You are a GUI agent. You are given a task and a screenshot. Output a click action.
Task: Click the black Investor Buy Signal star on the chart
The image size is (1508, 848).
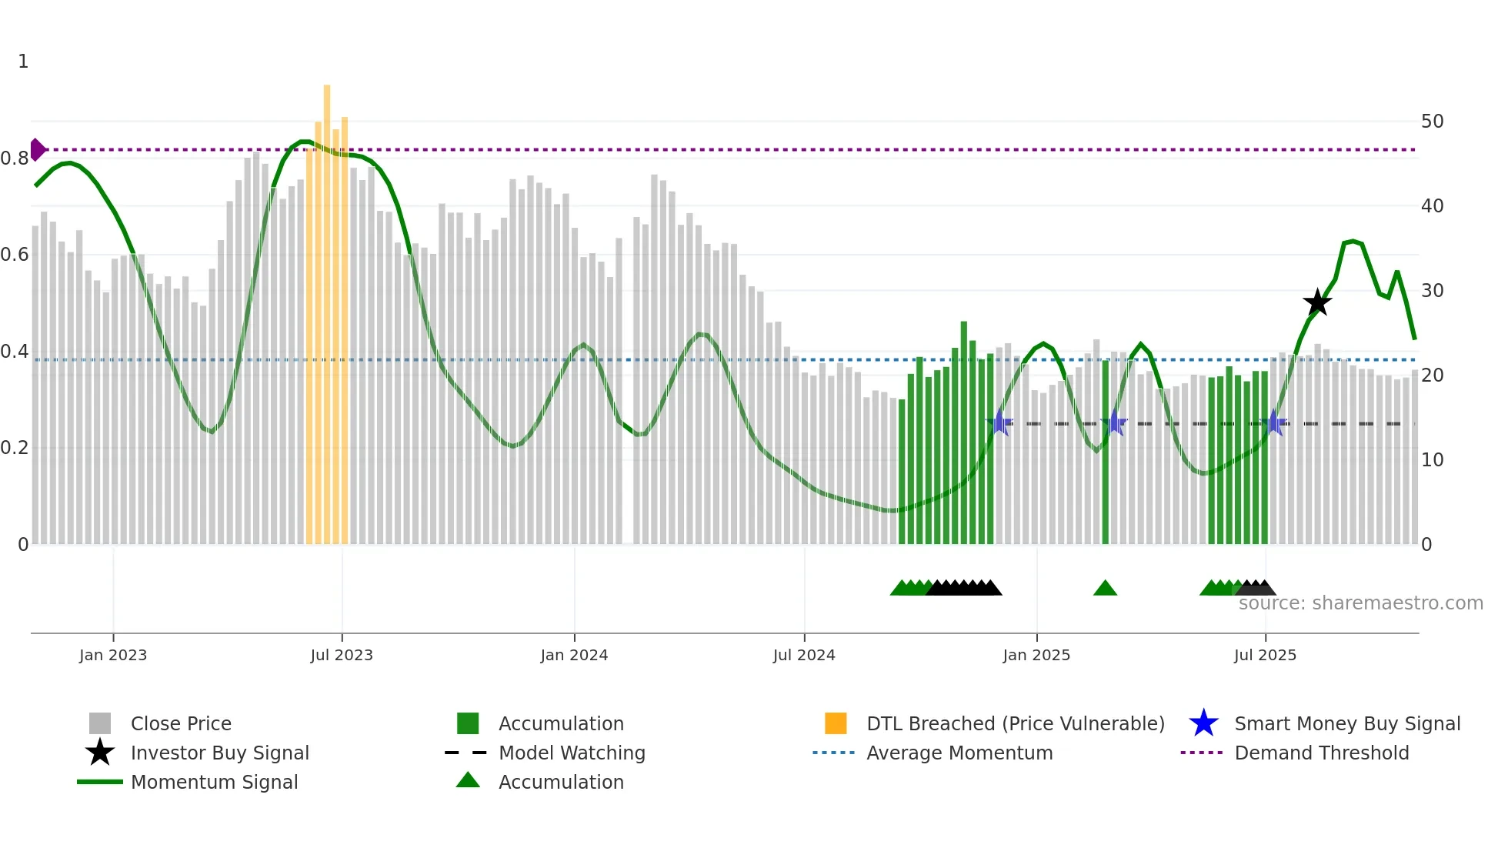tap(1317, 303)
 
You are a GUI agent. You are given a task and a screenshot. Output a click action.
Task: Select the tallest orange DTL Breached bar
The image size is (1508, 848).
tap(327, 308)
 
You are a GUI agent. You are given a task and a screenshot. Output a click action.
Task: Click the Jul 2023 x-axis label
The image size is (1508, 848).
tap(342, 655)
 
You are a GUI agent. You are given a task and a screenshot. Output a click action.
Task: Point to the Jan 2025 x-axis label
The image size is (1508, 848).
tap(1036, 655)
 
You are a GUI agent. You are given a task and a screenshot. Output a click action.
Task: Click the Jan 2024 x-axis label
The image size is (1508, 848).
tap(574, 655)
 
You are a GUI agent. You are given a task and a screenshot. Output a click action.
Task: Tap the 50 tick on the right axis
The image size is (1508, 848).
tap(1432, 122)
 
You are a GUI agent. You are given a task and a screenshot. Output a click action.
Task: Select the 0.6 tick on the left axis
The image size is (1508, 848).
tap(15, 255)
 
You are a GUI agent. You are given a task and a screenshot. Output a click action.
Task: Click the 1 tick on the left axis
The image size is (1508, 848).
tap(23, 62)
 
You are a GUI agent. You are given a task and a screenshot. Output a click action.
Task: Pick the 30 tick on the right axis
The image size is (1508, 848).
tap(1432, 291)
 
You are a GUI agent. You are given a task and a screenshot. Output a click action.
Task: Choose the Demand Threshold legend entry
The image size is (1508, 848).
tap(1321, 753)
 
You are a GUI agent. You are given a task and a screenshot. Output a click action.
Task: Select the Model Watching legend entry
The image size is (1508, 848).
tap(572, 753)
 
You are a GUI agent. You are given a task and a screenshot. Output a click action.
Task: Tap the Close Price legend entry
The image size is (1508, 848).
tap(181, 723)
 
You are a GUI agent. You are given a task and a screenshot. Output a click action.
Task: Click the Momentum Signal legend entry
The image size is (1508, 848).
tap(214, 782)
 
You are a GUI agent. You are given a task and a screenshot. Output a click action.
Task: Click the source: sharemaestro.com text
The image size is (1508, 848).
tap(1360, 603)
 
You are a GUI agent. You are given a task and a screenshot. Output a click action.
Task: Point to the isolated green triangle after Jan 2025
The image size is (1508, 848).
tap(1105, 589)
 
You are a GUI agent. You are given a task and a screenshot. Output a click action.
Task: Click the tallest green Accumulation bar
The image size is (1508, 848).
tap(964, 431)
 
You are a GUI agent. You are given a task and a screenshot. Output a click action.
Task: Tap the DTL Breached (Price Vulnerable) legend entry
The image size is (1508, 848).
tap(1015, 723)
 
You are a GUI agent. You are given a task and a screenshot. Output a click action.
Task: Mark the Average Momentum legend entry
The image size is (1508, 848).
tap(959, 753)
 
